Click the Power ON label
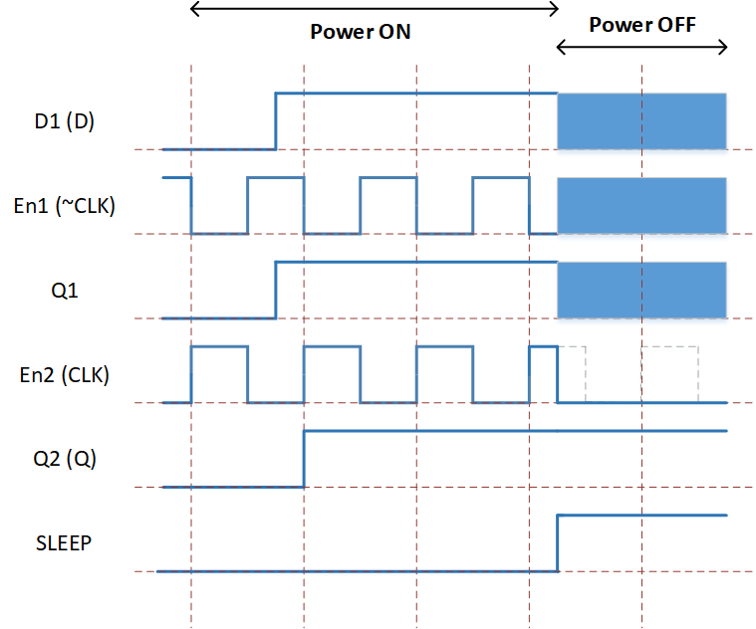click(361, 32)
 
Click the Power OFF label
click(642, 25)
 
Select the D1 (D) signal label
click(64, 120)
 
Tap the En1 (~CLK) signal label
click(64, 206)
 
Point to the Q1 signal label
click(65, 291)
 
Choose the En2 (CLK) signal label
click(64, 374)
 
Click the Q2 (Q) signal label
click(65, 459)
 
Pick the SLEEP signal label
click(64, 543)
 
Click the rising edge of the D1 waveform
click(276, 121)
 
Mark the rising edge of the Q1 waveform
click(276, 291)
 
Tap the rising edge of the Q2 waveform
click(304, 459)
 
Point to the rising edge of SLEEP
click(558, 543)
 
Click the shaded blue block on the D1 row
click(641, 121)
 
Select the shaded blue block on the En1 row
click(641, 206)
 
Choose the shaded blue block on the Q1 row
click(641, 290)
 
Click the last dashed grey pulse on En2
click(669, 346)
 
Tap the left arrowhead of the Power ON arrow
click(192, 9)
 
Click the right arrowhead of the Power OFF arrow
click(725, 47)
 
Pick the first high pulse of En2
click(219, 346)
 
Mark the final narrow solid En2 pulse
click(544, 346)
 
